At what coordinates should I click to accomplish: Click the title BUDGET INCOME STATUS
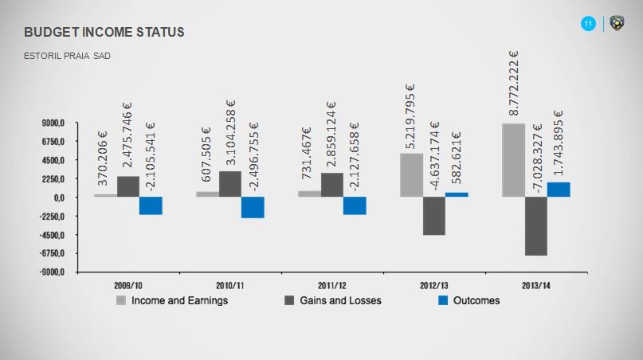104,32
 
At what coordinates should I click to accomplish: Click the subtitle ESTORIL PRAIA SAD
68,57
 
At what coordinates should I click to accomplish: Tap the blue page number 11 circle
588,25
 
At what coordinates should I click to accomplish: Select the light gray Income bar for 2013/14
513,160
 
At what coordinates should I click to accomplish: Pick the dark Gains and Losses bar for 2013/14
535,226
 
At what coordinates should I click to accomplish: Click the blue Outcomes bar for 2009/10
151,205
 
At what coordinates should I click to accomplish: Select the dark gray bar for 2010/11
230,184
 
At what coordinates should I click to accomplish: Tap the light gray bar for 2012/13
411,175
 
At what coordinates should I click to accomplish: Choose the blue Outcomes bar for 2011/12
355,205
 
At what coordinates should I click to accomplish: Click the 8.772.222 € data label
515,84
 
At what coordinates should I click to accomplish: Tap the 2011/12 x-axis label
332,284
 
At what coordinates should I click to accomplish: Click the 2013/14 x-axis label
536,284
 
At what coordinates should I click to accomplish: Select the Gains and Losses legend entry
333,300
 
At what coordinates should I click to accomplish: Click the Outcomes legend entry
469,300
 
